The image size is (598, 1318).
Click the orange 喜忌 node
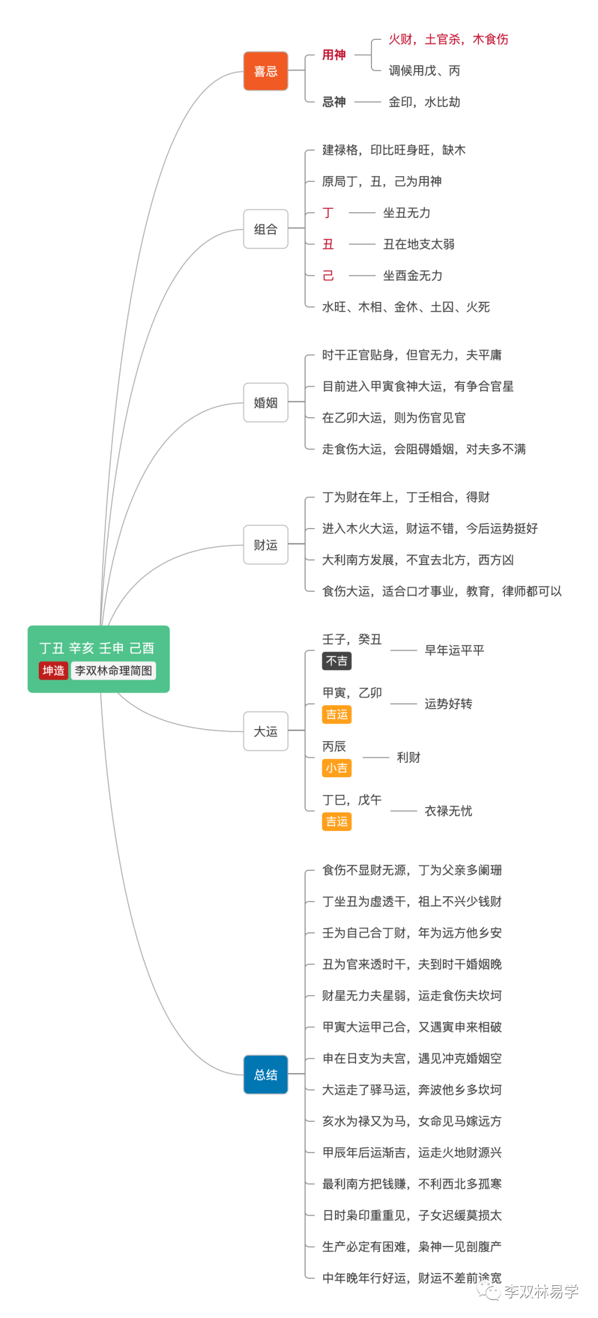tap(266, 71)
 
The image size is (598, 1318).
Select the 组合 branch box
tap(266, 229)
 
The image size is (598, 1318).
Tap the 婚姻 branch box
tap(266, 403)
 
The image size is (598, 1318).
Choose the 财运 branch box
tap(266, 545)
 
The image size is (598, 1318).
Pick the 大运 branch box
tap(266, 731)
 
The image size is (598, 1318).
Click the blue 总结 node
tap(266, 1074)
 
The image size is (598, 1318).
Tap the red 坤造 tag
tap(53, 670)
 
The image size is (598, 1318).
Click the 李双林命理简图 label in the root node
tap(114, 670)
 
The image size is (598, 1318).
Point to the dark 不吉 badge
tap(337, 661)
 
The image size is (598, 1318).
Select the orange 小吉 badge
tap(337, 768)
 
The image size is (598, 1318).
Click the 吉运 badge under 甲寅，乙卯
tap(337, 715)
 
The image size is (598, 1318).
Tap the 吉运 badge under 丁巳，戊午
tap(337, 822)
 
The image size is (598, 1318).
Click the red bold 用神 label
tap(334, 55)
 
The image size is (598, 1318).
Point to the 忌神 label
tap(334, 102)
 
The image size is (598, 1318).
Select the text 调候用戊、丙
tap(424, 70)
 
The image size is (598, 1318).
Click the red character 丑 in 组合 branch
tap(328, 244)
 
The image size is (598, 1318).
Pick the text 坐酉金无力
tap(413, 275)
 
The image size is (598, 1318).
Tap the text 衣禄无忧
tap(448, 811)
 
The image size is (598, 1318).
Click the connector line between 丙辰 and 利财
tap(376, 757)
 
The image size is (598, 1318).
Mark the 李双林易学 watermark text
tap(541, 1291)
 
